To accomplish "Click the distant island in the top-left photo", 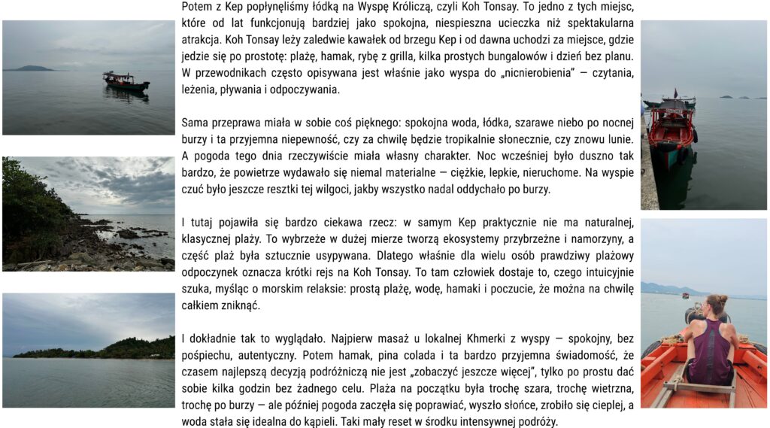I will click(30, 68).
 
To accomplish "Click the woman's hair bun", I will click(715, 299).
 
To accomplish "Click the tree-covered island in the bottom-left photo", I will click(105, 350).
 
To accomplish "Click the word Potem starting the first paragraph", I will click(197, 7).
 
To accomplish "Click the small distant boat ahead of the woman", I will click(685, 296).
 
